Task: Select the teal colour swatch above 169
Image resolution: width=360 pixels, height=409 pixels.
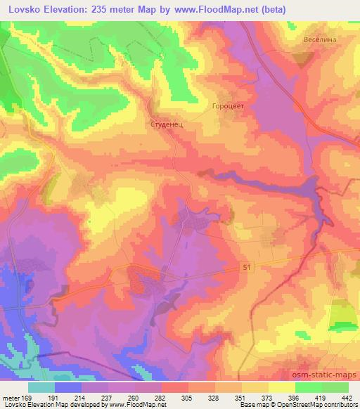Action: pos(41,387)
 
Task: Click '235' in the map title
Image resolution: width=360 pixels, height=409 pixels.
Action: pos(96,10)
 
